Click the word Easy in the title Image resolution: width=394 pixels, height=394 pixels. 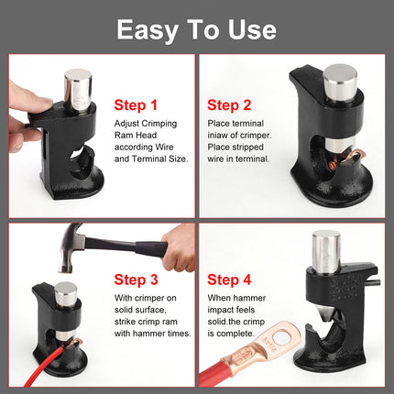tap(148, 30)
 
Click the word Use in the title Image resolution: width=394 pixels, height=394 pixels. tap(252, 29)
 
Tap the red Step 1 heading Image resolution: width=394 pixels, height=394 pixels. tap(136, 105)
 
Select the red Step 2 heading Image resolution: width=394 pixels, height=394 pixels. tap(229, 105)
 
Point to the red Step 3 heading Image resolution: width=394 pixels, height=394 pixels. tap(136, 279)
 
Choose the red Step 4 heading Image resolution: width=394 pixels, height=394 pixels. tap(229, 279)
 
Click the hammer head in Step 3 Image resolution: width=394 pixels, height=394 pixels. tap(71, 247)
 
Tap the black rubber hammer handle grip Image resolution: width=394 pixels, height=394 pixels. tap(151, 248)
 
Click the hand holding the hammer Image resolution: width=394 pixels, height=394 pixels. tap(180, 247)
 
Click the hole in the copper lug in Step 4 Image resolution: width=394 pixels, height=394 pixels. tap(281, 339)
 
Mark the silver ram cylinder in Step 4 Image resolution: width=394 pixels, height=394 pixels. tap(326, 252)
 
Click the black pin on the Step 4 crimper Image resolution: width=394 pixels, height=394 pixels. tap(375, 282)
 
